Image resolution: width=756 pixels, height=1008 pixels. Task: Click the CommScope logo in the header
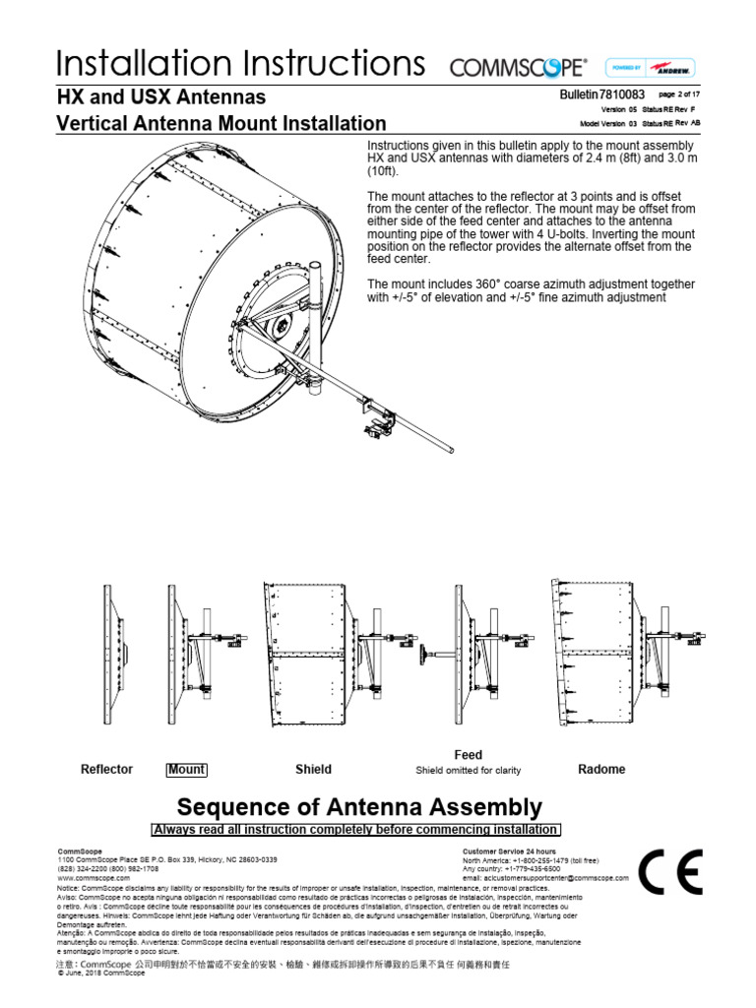[518, 68]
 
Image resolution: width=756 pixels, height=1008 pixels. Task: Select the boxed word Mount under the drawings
[186, 769]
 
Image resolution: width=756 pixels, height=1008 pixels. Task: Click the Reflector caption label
[106, 769]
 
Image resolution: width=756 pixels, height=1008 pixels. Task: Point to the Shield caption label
[313, 769]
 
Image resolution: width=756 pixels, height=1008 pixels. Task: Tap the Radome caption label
[601, 769]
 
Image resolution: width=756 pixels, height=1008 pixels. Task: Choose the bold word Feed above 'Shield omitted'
[468, 755]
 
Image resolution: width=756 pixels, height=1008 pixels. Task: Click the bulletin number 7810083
[615, 94]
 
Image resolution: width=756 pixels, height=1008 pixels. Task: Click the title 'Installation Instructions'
[240, 64]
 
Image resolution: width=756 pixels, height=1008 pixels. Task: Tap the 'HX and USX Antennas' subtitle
[160, 98]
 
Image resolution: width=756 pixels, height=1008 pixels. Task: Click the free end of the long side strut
[452, 450]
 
